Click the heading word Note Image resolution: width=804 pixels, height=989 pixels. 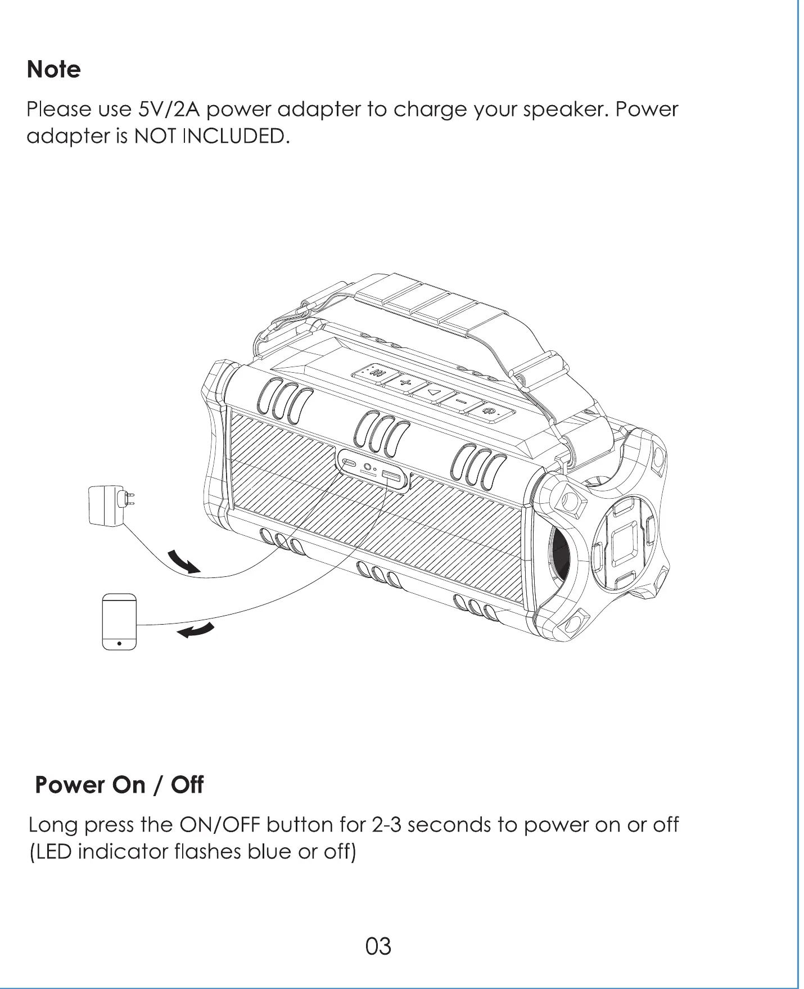click(54, 70)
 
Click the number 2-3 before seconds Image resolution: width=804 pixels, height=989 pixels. click(386, 825)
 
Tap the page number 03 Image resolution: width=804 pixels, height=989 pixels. click(378, 946)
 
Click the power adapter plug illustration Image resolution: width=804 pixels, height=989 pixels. click(111, 505)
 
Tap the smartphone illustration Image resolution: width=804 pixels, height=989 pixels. click(119, 621)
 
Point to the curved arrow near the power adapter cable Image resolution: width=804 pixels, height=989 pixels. click(184, 561)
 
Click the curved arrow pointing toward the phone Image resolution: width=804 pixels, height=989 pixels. click(196, 631)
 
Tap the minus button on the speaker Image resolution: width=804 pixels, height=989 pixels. click(461, 401)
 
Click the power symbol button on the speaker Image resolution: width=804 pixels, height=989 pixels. click(492, 412)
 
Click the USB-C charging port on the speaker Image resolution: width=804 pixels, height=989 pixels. click(349, 463)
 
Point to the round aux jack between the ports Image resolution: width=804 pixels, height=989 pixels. click(368, 466)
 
